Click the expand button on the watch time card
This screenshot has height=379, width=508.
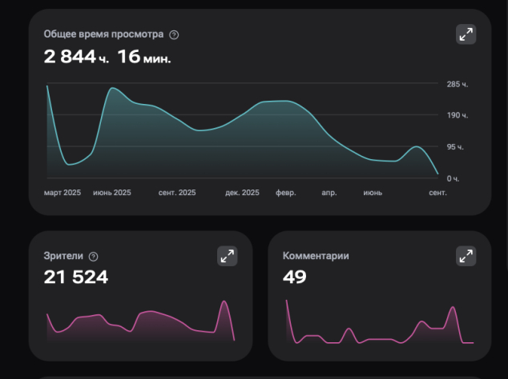coord(466,34)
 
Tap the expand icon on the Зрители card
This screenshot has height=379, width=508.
coord(227,256)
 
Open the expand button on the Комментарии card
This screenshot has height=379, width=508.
coord(466,256)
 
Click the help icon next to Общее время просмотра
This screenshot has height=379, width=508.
coord(174,34)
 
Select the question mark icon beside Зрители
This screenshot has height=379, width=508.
coord(93,257)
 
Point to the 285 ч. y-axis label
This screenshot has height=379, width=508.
coord(458,85)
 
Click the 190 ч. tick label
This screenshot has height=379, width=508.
coord(458,115)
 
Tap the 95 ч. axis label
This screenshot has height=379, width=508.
coord(455,147)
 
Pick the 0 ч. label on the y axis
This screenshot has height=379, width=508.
coord(453,179)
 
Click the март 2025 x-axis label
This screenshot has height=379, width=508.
coord(62,193)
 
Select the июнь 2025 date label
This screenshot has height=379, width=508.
coord(112,193)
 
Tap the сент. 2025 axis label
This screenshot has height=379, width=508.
coord(177,193)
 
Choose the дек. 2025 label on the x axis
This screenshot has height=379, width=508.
coord(242,193)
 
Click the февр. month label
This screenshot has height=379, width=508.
coord(286,193)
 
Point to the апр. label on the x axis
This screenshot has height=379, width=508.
coord(329,193)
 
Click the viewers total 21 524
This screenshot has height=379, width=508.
coord(76,277)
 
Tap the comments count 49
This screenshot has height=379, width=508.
coord(295,277)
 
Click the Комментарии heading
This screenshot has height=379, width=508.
coord(316,256)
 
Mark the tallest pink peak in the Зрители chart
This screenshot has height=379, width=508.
coord(224,301)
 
